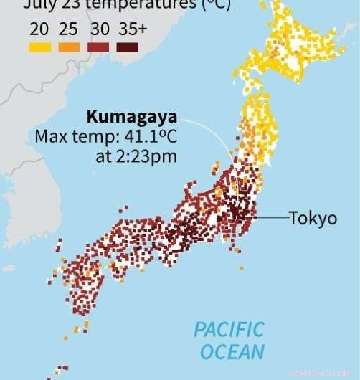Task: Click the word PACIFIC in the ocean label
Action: tap(229, 331)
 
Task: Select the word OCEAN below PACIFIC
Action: tap(232, 352)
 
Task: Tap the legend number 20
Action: tap(39, 30)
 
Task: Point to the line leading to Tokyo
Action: tap(273, 217)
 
